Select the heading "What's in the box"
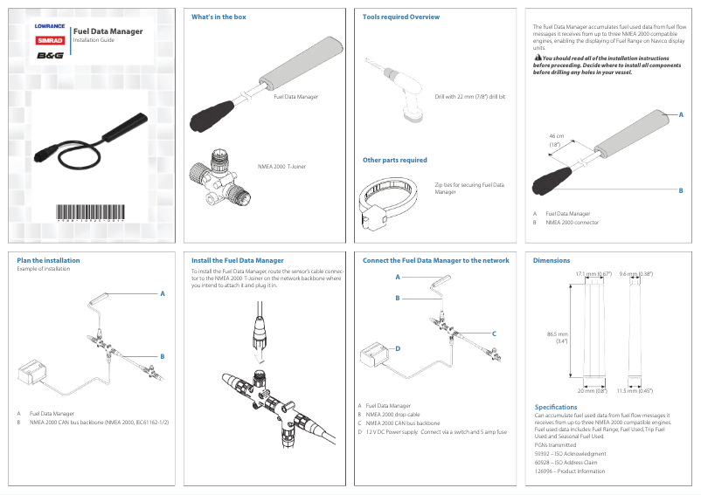(219, 17)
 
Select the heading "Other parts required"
(395, 160)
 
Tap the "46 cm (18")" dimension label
(555, 141)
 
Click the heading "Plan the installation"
(48, 260)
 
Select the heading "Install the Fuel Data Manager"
(237, 260)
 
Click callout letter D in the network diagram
(397, 347)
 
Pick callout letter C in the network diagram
(494, 333)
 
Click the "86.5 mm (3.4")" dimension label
(557, 337)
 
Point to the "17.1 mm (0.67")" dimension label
(593, 274)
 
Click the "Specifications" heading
(555, 407)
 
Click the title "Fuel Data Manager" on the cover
(108, 31)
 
